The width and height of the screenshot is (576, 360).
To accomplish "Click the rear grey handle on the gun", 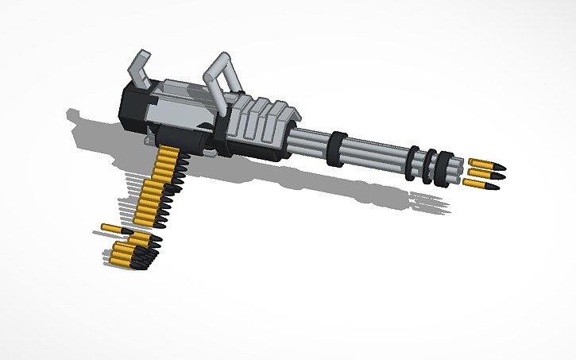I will pos(140,67).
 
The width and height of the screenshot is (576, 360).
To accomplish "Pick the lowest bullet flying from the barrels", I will pos(481,185).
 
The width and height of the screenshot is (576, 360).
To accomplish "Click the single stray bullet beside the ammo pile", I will pos(116,230).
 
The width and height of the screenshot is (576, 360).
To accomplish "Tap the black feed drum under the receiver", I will pos(193,141).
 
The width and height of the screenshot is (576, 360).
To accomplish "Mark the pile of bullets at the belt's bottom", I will pos(131,254).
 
